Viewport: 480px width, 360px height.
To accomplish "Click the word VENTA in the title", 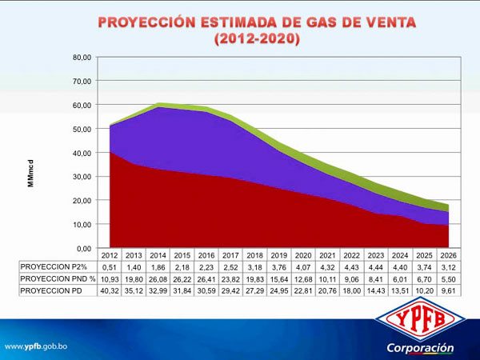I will point(382,22).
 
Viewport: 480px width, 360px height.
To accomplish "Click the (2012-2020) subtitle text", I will point(257,39).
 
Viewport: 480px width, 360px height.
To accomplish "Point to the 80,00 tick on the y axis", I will point(82,58).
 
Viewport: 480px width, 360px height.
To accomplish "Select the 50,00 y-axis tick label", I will point(82,129).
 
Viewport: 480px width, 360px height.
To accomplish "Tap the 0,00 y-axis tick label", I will point(84,248).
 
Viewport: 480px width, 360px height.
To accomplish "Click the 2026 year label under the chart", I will point(450,255).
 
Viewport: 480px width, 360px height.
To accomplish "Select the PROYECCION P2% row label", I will point(54,266).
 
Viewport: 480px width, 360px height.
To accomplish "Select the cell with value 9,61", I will point(450,291).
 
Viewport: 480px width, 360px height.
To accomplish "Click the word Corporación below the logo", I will point(420,348).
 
